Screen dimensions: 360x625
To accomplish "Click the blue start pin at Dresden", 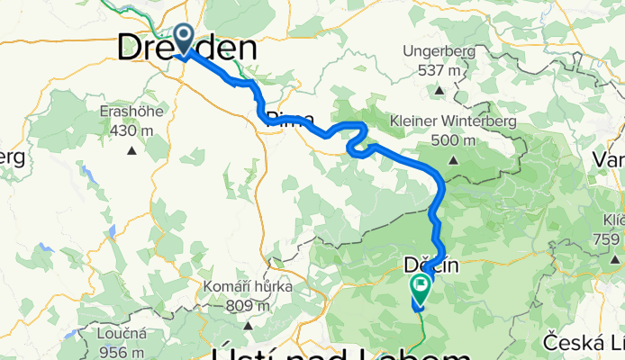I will coord(184,38).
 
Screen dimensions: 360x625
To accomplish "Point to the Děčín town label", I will coord(430,265).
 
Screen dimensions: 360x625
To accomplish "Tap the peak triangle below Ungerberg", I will coord(439,90).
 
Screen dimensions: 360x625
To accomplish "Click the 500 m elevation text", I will coord(453,139).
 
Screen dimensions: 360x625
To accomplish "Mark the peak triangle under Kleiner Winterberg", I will coord(454,160).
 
